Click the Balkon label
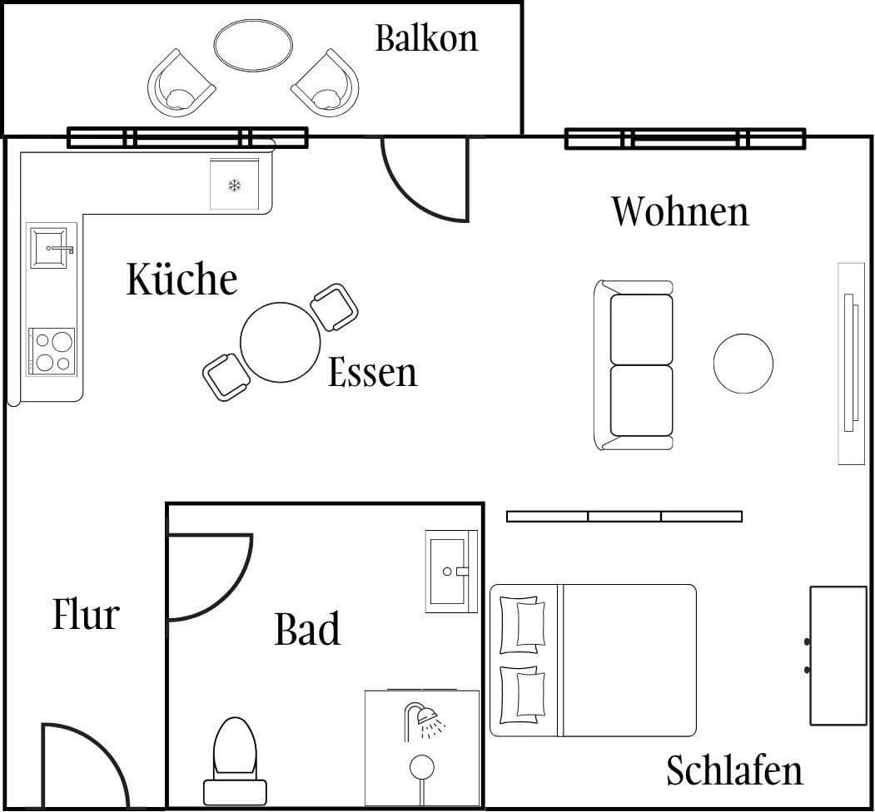pos(426,38)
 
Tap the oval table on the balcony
pos(253,45)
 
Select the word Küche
pos(182,279)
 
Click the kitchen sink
pos(48,247)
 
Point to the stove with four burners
pos(52,350)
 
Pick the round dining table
pos(280,342)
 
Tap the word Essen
pos(372,372)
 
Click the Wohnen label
pos(680,211)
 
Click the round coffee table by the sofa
pos(743,364)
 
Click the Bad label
pos(307,630)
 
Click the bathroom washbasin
pos(450,571)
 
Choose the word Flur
pos(86,615)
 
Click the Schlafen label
pos(734,771)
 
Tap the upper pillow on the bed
pos(525,623)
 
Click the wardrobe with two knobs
pos(838,655)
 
